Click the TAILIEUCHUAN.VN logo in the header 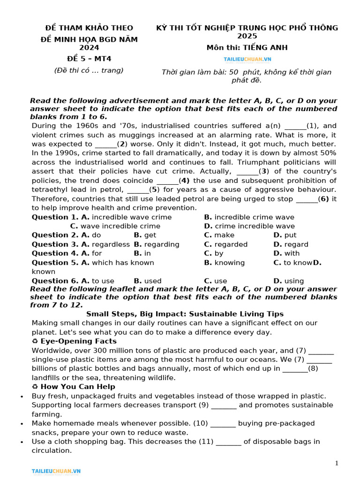[x=247, y=60]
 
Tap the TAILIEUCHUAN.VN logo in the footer [x=56, y=471]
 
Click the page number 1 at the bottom [x=336, y=464]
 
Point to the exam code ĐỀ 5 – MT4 [x=89, y=59]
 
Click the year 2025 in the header [x=247, y=36]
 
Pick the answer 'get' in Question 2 [x=150, y=235]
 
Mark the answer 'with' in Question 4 [x=292, y=254]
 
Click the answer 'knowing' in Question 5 [x=229, y=262]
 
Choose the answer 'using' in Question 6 [x=294, y=281]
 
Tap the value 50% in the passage [x=327, y=153]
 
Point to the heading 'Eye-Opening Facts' [x=78, y=341]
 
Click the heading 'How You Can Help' [x=77, y=387]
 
